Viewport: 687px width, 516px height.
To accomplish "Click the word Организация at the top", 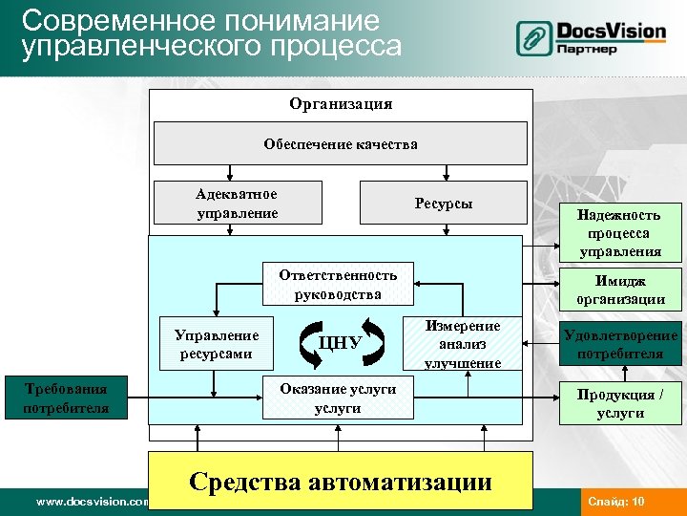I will click(x=341, y=103).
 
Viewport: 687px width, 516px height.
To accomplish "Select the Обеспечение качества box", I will click(x=341, y=144).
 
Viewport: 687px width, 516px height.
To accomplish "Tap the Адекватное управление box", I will click(x=237, y=203).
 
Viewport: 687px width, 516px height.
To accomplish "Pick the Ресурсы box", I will click(x=443, y=204).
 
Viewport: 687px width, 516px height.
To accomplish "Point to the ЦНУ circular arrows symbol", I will click(x=340, y=343).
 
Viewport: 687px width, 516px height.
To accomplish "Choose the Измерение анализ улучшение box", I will click(x=463, y=344).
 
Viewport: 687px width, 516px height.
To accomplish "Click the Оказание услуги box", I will click(x=338, y=398).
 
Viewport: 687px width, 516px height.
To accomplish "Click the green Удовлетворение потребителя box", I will click(x=620, y=344).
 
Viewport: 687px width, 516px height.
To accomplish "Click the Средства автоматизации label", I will click(x=341, y=481).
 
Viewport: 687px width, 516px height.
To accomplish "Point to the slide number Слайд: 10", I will click(x=616, y=502).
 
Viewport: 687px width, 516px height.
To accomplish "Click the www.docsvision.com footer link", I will click(x=92, y=502).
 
